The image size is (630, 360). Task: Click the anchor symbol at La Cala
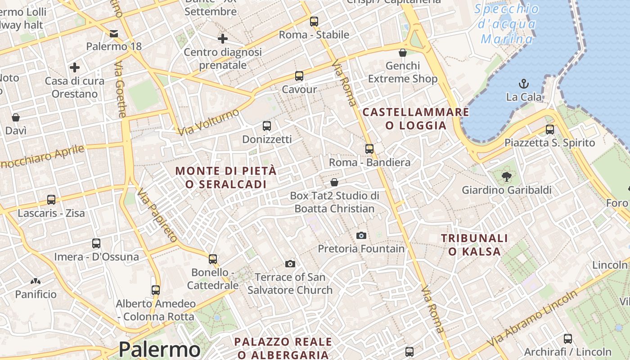tap(524, 84)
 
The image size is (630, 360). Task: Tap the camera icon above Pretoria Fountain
tap(361, 235)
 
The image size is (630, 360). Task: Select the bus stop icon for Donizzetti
tap(267, 126)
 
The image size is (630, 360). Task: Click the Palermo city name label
tap(159, 349)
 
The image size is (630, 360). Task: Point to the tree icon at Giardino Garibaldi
tap(507, 177)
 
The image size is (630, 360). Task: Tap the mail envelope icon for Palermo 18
tap(114, 33)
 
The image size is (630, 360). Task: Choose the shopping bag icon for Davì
tap(16, 117)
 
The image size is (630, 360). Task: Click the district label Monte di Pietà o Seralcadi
tap(226, 177)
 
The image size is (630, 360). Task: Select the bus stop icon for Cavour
tap(299, 76)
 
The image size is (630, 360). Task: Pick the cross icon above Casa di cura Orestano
tap(75, 68)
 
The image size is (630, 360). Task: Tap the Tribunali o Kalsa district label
tap(474, 245)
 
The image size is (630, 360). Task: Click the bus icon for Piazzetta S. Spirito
tap(549, 130)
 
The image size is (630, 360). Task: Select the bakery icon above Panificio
tap(36, 282)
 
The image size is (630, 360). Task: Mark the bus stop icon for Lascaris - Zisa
tap(51, 200)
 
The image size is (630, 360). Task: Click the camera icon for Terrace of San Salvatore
tap(290, 264)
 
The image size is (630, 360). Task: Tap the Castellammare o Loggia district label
tap(415, 119)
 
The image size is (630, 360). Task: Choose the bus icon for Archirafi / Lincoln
tap(568, 338)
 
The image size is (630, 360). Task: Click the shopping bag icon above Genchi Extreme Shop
tap(403, 53)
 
